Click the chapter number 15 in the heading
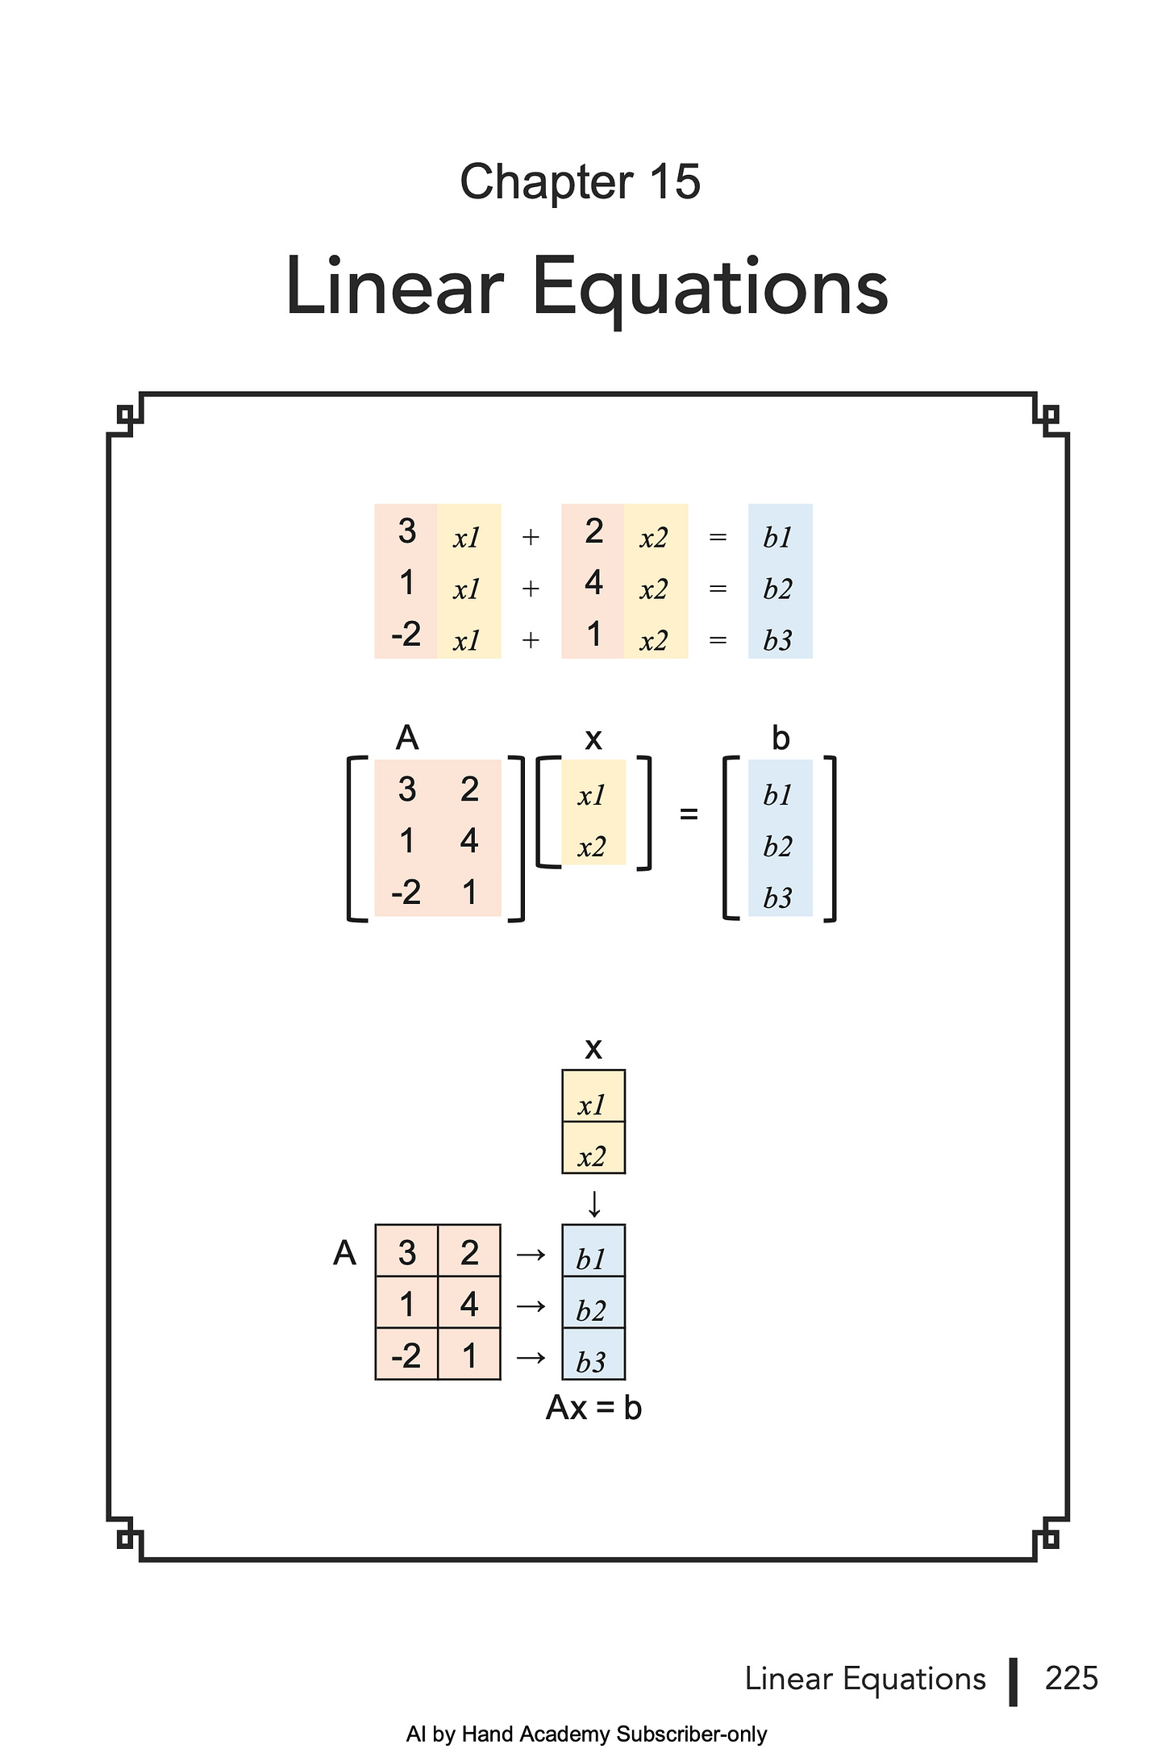(x=675, y=181)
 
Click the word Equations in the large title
(x=710, y=287)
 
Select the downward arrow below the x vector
(x=594, y=1205)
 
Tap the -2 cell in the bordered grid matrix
(x=406, y=1356)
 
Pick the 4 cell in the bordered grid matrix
(x=469, y=1305)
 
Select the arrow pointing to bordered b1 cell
(x=531, y=1255)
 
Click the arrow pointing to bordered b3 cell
(x=531, y=1358)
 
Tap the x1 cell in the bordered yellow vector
(x=592, y=1105)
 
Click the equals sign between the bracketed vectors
(x=689, y=814)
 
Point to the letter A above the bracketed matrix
(x=407, y=738)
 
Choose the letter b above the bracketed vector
(x=781, y=738)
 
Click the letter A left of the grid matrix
(x=344, y=1253)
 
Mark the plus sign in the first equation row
(x=531, y=537)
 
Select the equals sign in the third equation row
(x=718, y=641)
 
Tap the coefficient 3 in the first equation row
(x=407, y=531)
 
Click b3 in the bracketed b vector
(x=778, y=897)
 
